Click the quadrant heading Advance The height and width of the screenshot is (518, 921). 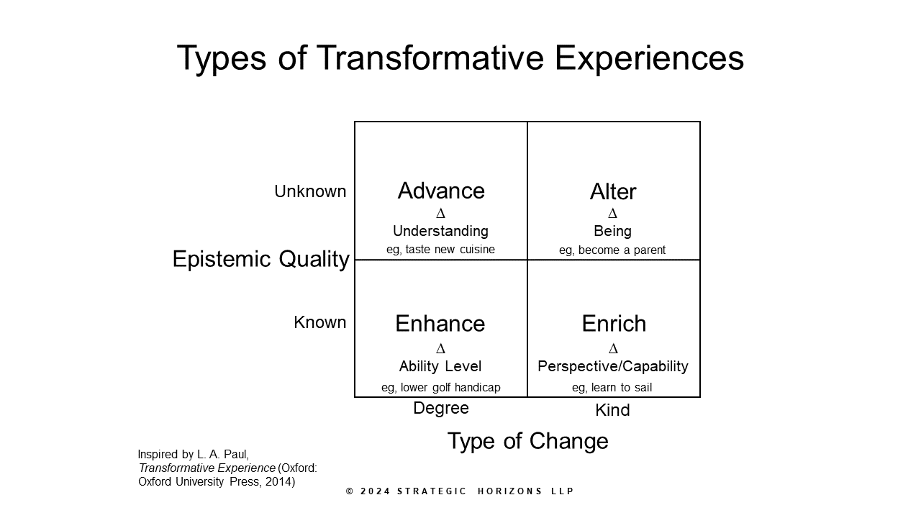click(x=441, y=191)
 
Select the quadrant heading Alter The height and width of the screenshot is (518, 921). click(x=613, y=191)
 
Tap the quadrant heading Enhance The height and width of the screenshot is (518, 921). click(x=440, y=324)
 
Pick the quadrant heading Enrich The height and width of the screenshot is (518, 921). click(x=614, y=324)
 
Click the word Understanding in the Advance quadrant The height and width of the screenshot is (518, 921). click(x=440, y=231)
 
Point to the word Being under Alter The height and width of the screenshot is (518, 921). click(x=612, y=231)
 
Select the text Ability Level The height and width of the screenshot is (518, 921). click(x=440, y=366)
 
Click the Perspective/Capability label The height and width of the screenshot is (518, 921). click(x=613, y=366)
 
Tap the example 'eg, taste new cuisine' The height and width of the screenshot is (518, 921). click(x=440, y=250)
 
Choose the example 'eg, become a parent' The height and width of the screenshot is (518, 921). click(x=612, y=250)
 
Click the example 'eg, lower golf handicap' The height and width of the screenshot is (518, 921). click(x=440, y=387)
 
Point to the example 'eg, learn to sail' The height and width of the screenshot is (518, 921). click(x=612, y=387)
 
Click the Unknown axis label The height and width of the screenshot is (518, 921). click(x=310, y=191)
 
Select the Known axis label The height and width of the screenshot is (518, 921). click(x=320, y=322)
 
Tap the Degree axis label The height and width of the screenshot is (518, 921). click(x=441, y=408)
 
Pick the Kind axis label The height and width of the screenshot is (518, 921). click(x=612, y=410)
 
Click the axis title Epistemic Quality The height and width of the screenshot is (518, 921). click(x=260, y=259)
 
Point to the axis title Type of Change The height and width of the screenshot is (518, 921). click(x=527, y=441)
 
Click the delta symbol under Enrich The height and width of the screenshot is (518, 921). click(x=613, y=349)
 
